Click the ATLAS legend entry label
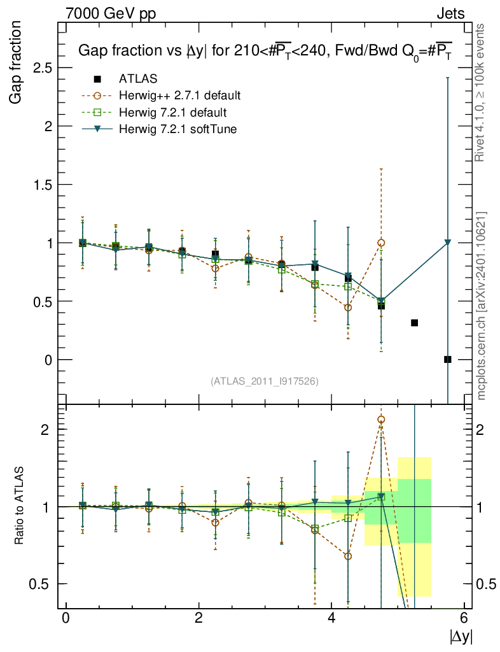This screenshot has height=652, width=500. coord(138,79)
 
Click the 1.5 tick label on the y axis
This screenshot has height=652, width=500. coord(41,184)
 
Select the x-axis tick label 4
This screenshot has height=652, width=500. coord(331,617)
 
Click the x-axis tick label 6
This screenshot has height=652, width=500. coord(464,617)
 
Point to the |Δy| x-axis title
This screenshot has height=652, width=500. coord(461,636)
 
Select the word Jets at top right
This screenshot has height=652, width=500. coord(450,13)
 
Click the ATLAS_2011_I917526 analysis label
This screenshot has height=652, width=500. coord(265,381)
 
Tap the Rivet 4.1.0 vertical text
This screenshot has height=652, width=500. coord(482,93)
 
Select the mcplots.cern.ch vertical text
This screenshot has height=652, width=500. coord(482,306)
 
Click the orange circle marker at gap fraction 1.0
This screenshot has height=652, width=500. coord(381,243)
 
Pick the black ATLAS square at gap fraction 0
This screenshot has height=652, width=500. coord(448,359)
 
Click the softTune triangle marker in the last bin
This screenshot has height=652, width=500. coord(448,243)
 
